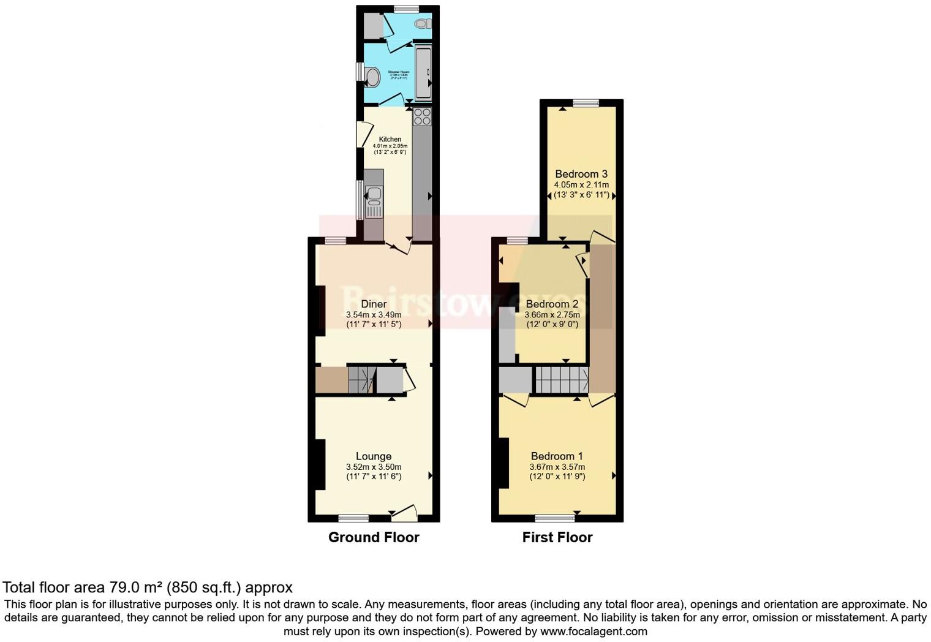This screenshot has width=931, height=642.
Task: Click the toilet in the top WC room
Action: [422, 24]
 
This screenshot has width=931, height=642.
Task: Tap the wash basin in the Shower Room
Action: [372, 77]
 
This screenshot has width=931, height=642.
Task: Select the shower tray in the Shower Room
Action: [423, 72]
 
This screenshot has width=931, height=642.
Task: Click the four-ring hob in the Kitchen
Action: [422, 116]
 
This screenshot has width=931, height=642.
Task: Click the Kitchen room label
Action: [390, 139]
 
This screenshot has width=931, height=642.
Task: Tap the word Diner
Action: [374, 304]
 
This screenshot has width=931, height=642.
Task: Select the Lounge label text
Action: [374, 456]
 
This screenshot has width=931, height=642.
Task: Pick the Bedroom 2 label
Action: [552, 304]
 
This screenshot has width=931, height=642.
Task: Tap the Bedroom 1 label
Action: [557, 456]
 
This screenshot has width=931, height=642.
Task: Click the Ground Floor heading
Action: [374, 537]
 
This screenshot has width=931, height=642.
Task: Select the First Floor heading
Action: [557, 537]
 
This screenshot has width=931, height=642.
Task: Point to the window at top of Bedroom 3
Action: [586, 103]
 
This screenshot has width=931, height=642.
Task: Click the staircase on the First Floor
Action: [562, 380]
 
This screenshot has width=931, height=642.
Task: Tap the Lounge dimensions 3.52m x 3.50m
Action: [374, 467]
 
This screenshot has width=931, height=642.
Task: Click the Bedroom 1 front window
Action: [554, 518]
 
